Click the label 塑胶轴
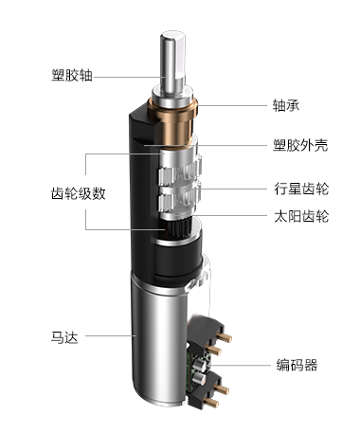72,75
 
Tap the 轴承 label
286,105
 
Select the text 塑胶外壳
300,145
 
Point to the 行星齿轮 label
301,189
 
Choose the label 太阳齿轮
301,216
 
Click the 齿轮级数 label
79,193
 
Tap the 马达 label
64,337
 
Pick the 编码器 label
297,365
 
